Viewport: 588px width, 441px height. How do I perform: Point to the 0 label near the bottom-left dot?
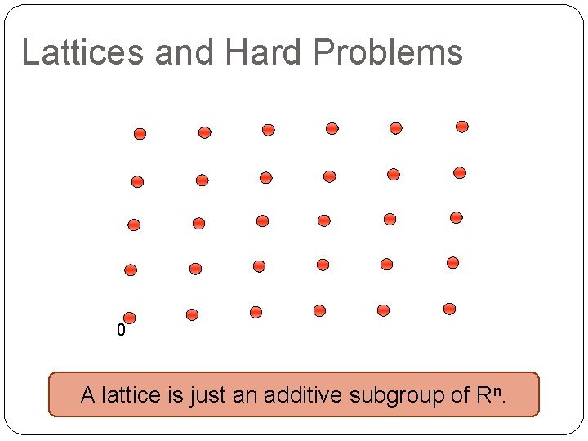click(x=121, y=332)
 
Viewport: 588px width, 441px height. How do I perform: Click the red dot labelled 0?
click(x=129, y=318)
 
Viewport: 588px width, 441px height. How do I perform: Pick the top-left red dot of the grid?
click(x=140, y=133)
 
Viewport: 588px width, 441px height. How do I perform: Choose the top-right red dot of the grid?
click(x=461, y=127)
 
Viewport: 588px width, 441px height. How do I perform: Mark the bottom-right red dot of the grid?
click(x=449, y=309)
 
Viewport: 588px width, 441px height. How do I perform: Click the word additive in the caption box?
click(x=304, y=395)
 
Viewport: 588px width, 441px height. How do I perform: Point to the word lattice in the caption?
click(x=127, y=395)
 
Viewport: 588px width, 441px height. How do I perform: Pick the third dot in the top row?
click(x=268, y=130)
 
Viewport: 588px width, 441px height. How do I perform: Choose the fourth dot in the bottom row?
click(x=319, y=310)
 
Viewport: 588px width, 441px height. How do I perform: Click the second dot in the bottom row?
click(x=192, y=314)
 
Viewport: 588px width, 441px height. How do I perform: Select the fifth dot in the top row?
click(x=395, y=128)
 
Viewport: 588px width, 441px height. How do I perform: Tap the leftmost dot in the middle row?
click(x=134, y=225)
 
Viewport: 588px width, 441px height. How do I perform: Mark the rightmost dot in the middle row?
click(x=456, y=217)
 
